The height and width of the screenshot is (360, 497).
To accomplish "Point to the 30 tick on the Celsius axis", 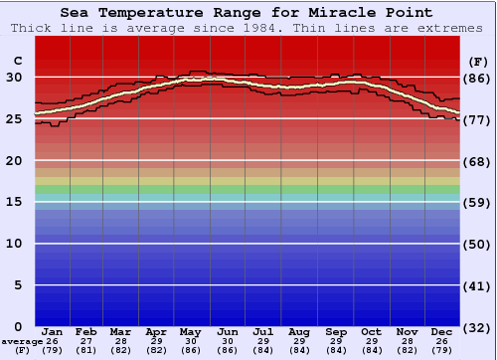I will pyautogui.click(x=14, y=78).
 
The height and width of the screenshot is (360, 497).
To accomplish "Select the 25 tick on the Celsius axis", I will pyautogui.click(x=14, y=119).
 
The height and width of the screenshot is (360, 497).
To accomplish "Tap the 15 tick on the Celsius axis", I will pyautogui.click(x=14, y=202).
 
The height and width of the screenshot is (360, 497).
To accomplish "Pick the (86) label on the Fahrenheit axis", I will pyautogui.click(x=478, y=78).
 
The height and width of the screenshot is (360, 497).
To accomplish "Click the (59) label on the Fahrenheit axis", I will pyautogui.click(x=478, y=202).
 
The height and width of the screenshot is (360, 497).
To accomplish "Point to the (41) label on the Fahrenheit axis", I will pyautogui.click(x=478, y=285).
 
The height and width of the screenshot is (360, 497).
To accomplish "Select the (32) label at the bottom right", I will pyautogui.click(x=478, y=327).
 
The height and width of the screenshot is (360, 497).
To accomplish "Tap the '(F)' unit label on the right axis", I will pyautogui.click(x=478, y=61).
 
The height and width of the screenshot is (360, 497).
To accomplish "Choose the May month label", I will pyautogui.click(x=190, y=332).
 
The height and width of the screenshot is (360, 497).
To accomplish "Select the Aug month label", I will pyautogui.click(x=299, y=332).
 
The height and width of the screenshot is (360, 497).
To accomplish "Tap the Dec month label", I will pyautogui.click(x=442, y=332).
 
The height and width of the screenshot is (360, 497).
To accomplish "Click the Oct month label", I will pyautogui.click(x=371, y=332).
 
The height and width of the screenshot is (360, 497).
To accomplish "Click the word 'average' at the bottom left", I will pyautogui.click(x=22, y=341).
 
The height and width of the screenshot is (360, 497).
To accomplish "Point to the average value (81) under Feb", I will pyautogui.click(x=86, y=350).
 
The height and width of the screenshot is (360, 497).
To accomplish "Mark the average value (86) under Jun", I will pyautogui.click(x=228, y=350).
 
